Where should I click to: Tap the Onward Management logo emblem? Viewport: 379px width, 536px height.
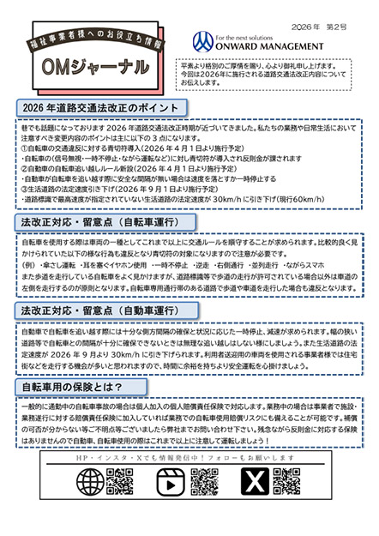pos(203,39)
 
